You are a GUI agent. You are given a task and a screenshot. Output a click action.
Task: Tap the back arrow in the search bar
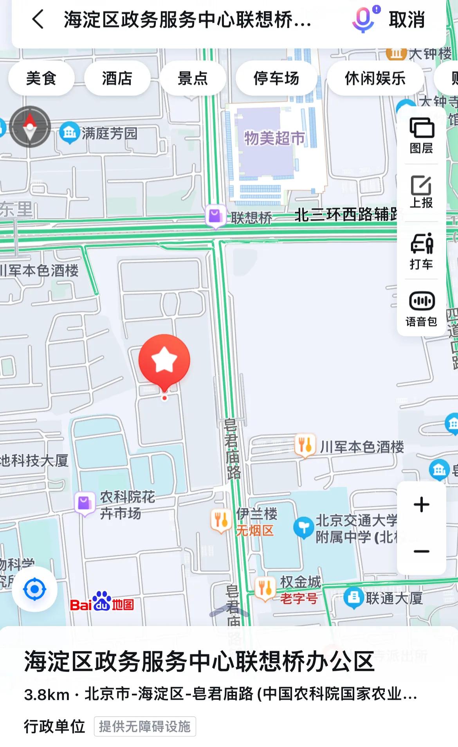(x=38, y=20)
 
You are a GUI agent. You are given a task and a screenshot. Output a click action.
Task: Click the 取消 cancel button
(x=407, y=20)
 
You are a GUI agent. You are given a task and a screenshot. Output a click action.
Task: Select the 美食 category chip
(x=41, y=78)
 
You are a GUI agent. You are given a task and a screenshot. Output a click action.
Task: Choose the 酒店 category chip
(x=117, y=78)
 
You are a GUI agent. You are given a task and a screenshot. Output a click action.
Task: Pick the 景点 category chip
(x=193, y=78)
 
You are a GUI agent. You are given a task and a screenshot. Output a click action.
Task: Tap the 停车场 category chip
(x=276, y=78)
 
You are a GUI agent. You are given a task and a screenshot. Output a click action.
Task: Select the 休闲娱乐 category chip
(x=375, y=78)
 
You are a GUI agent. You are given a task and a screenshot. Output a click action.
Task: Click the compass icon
(x=30, y=126)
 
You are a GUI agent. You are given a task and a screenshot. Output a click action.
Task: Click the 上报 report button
(x=422, y=192)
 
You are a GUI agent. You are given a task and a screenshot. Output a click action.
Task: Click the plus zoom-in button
(x=422, y=504)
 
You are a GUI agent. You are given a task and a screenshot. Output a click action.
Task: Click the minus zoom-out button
(x=422, y=551)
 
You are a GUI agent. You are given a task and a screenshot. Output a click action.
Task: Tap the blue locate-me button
(x=35, y=589)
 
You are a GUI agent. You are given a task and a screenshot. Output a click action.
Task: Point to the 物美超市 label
(x=274, y=138)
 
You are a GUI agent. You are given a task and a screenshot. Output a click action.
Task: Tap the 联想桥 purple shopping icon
(x=215, y=216)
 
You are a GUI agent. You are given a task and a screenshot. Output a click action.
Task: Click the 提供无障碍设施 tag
(x=145, y=726)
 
